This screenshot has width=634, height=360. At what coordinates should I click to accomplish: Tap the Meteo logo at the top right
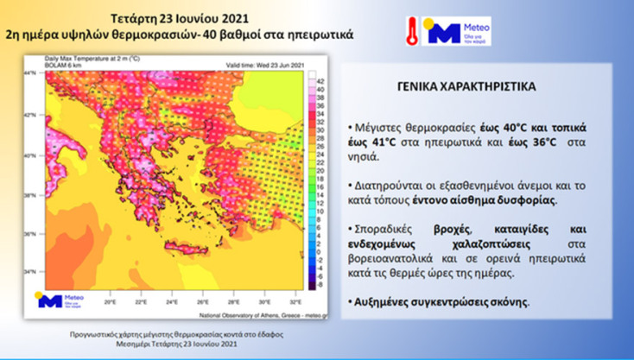tap(441, 32)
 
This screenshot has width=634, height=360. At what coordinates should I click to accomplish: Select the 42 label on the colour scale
tap(321, 80)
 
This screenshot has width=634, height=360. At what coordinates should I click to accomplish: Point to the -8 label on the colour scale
tap(321, 282)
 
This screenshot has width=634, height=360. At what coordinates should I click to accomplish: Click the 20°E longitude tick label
tap(110, 304)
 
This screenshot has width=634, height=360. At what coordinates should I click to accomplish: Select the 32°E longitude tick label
tap(294, 304)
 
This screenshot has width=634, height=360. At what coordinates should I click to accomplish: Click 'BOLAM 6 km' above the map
tap(65, 65)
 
